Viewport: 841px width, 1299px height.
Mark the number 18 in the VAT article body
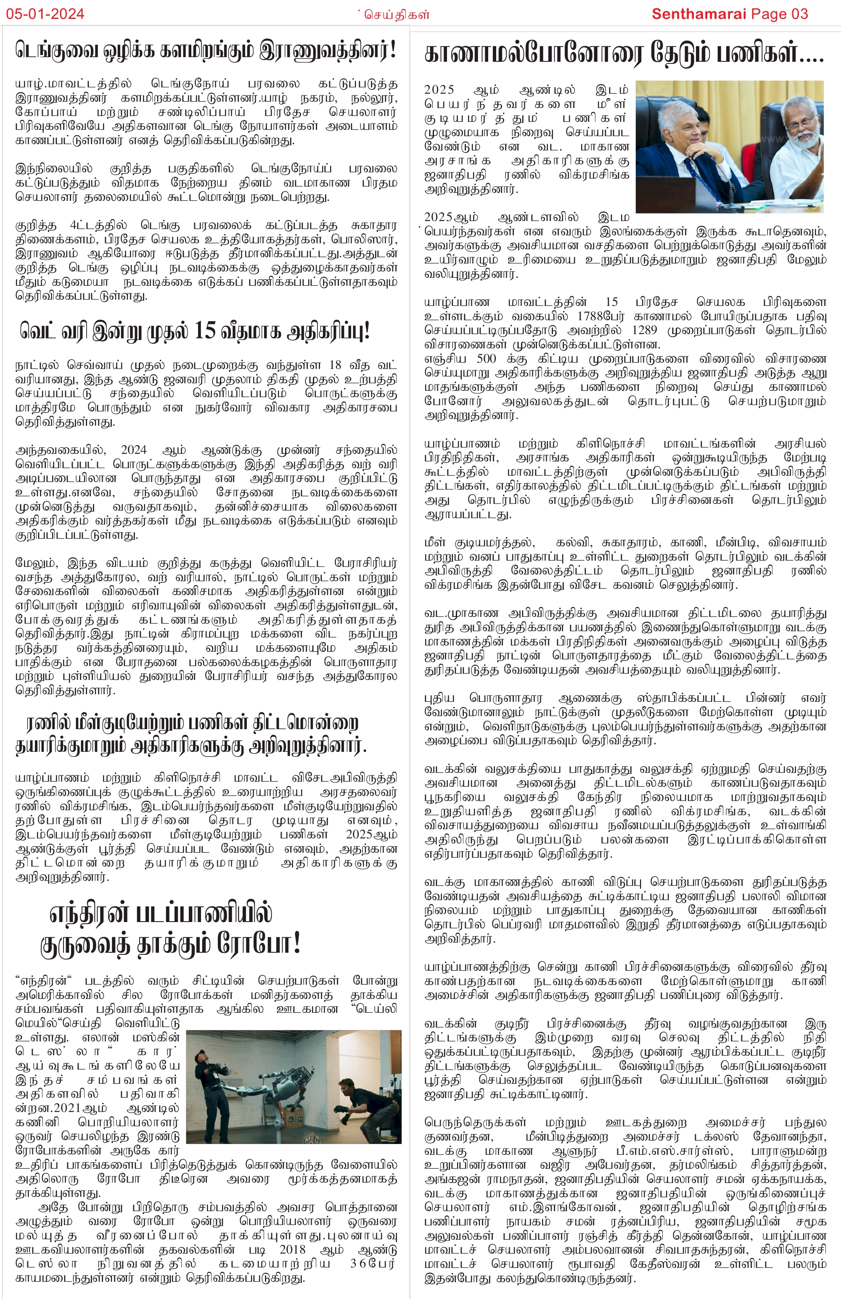[335, 365]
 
